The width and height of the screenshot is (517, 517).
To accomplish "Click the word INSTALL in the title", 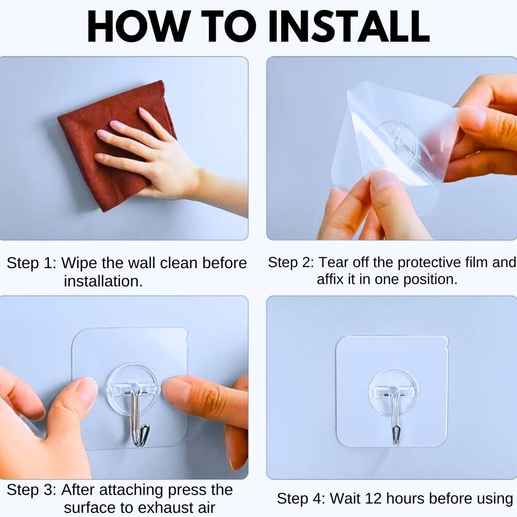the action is pyautogui.click(x=349, y=26).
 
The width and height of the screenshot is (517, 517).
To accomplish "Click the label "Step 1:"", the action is pyautogui.click(x=31, y=263).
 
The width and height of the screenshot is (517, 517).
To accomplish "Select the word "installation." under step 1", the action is pyautogui.click(x=103, y=281).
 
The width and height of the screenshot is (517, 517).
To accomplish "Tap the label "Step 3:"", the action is pyautogui.click(x=31, y=490).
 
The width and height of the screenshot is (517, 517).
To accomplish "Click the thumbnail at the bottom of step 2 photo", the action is pyautogui.click(x=383, y=180).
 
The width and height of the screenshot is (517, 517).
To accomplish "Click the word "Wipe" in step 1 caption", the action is pyautogui.click(x=79, y=263).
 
